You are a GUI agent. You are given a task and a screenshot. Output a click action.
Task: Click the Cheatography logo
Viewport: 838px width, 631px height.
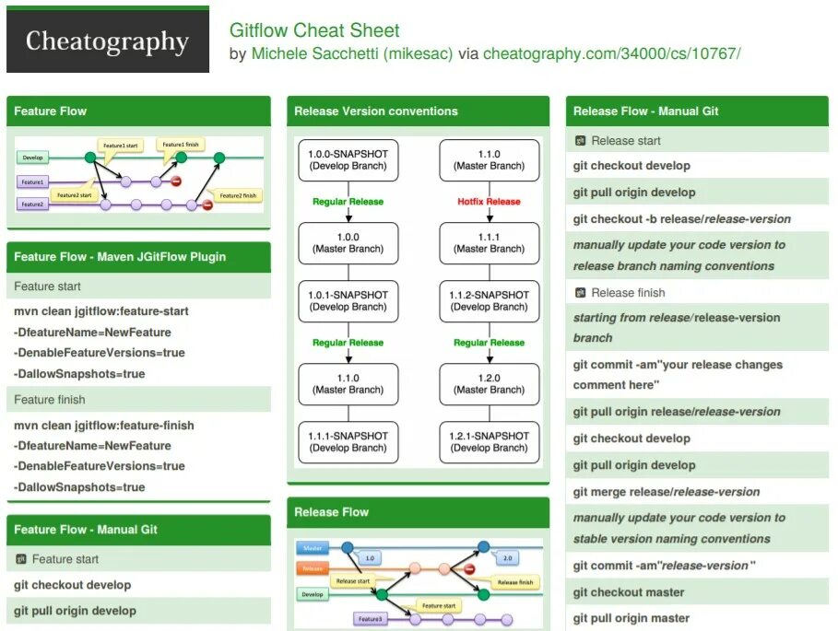click(107, 41)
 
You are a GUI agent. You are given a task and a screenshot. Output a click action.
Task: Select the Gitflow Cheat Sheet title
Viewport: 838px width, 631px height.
click(314, 30)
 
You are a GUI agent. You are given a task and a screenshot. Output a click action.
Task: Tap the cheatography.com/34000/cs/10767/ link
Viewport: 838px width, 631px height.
click(611, 53)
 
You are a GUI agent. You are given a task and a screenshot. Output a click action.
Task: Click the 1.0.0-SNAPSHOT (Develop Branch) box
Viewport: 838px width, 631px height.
click(348, 159)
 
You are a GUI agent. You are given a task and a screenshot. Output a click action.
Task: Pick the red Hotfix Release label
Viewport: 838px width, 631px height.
click(489, 202)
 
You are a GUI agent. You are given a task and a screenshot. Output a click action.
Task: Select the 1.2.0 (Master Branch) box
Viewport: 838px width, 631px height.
click(489, 383)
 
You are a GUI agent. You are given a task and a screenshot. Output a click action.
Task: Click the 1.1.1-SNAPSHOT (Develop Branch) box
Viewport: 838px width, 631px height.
click(348, 442)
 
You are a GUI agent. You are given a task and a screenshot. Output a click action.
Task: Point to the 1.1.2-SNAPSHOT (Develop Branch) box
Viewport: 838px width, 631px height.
click(489, 300)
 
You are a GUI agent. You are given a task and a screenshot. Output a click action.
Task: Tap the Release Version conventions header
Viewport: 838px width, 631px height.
click(376, 111)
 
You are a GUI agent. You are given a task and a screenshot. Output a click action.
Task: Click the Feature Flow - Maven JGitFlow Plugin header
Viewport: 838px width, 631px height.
click(120, 257)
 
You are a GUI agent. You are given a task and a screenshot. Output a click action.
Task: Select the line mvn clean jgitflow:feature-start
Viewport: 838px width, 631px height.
click(101, 311)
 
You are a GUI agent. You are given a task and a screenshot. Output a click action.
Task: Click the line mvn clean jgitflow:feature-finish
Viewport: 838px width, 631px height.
click(104, 426)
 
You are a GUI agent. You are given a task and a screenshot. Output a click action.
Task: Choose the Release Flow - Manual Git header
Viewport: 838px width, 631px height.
click(645, 111)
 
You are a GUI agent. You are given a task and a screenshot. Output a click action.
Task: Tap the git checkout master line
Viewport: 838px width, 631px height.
click(629, 592)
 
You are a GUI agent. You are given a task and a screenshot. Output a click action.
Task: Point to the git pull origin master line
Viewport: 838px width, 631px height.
click(631, 618)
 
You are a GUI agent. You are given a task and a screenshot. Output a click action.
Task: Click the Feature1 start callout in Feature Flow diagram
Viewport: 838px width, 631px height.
click(121, 146)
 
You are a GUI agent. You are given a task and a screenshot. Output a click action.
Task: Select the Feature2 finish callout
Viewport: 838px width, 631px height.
click(240, 195)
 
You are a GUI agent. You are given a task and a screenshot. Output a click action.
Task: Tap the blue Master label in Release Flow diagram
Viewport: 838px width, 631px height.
click(313, 548)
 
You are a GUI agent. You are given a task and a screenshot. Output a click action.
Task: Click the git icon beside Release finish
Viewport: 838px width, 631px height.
click(580, 292)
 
